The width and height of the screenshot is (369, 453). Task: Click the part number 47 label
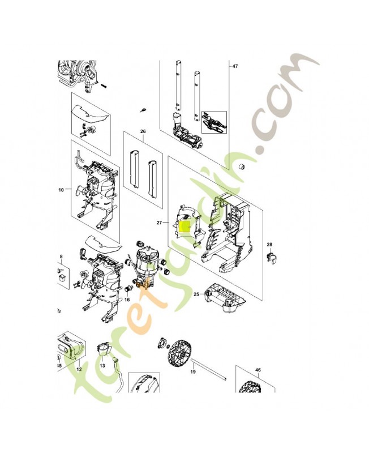235,67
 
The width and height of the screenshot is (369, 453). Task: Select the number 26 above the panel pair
143,131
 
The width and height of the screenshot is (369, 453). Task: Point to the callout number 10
61,190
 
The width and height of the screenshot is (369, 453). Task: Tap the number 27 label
160,223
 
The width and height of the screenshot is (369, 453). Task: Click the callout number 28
269,245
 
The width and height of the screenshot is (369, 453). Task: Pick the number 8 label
61,257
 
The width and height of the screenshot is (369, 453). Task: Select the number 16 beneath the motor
127,299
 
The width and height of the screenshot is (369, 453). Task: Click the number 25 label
196,294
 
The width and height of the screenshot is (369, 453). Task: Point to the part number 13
102,366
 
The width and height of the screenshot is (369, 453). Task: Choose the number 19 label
192,372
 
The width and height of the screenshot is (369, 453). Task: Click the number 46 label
258,370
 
